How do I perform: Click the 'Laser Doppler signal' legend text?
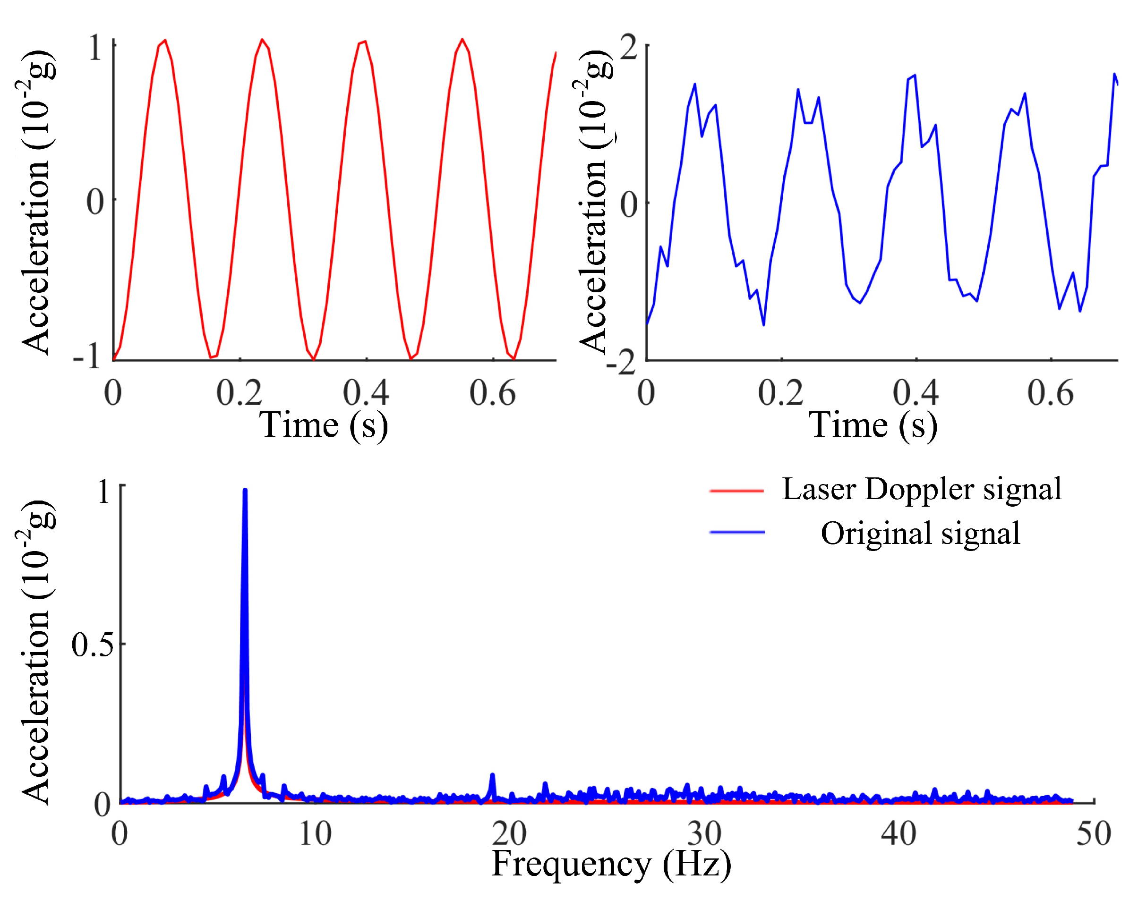tap(921, 490)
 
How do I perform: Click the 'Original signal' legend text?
tap(920, 534)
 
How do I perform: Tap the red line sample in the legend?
tap(736, 491)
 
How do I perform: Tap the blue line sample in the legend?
tap(736, 532)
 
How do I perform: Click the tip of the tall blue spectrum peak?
tap(245, 491)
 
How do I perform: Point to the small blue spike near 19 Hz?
tap(492, 776)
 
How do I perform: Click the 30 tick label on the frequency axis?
tap(704, 835)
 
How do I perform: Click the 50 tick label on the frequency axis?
tap(1094, 835)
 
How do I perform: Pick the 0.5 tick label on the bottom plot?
tap(93, 645)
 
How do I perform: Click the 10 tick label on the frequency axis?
tap(315, 835)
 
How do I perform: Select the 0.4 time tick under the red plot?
tap(366, 392)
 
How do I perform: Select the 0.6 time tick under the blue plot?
tap(1050, 392)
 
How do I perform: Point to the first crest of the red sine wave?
tap(165, 41)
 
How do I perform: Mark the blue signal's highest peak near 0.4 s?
tap(915, 76)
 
